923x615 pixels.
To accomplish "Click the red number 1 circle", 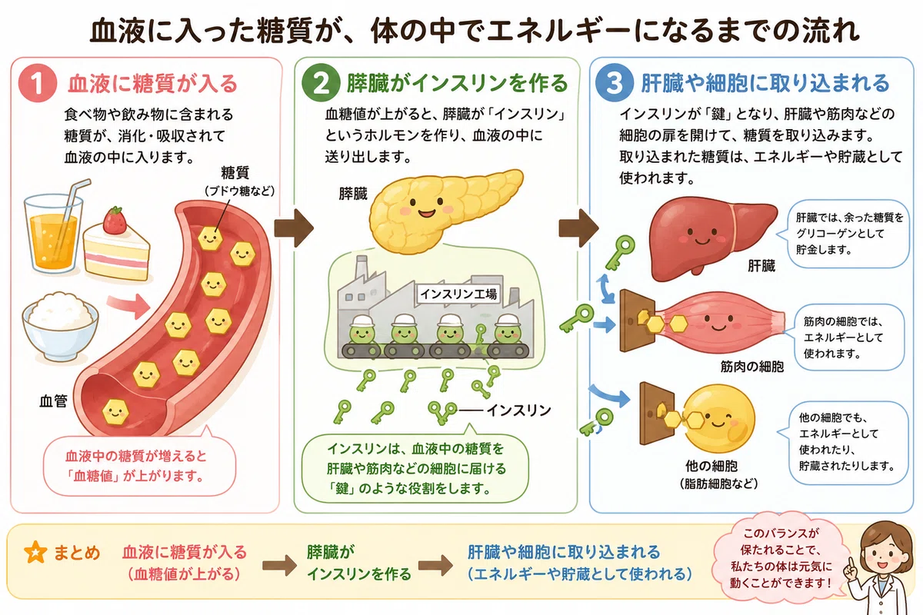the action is [38, 83].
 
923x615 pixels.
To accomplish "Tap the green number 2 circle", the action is [321, 83].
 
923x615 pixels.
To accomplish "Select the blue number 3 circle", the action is [615, 83].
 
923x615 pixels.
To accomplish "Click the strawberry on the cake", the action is [115, 220].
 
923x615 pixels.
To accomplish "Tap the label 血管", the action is [53, 401].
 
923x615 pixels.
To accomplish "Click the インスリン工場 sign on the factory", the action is [458, 294].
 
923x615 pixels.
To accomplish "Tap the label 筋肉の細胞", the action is [752, 366].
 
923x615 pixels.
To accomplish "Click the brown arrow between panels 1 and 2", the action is [294, 228].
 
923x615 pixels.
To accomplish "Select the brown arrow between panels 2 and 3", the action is [578, 228].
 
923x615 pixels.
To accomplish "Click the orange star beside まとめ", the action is [35, 552].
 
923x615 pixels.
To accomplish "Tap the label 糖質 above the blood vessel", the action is [235, 173].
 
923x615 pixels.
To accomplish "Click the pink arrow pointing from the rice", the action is [128, 306].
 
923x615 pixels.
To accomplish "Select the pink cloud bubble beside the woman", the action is [781, 558].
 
